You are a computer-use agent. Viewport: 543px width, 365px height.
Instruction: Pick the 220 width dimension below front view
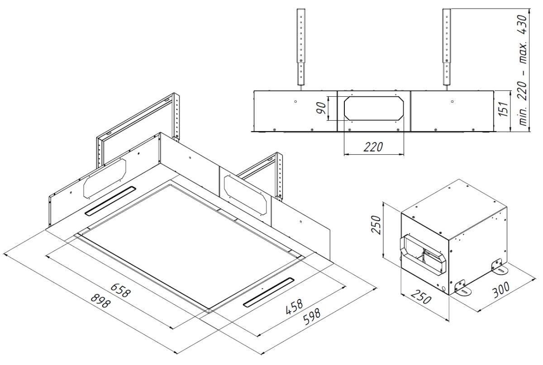pyautogui.click(x=373, y=147)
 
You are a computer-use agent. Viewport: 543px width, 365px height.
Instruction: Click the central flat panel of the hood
pyautogui.click(x=190, y=244)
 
